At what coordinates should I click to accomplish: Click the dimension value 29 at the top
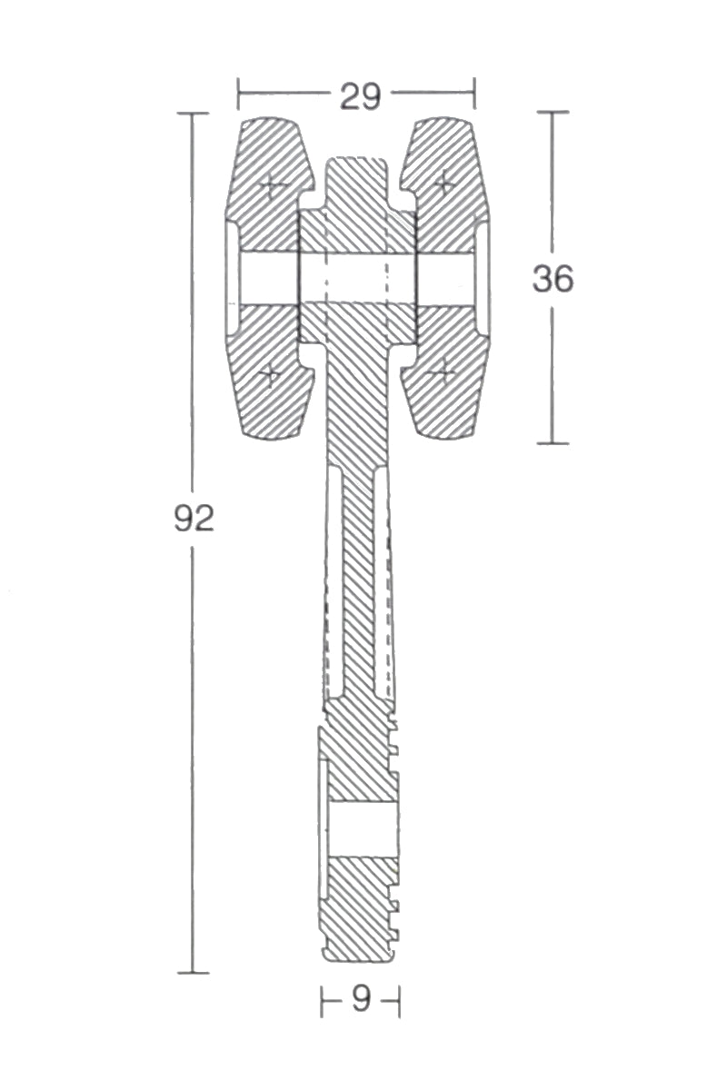pyautogui.click(x=360, y=96)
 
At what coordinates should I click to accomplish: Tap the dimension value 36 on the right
pyautogui.click(x=553, y=279)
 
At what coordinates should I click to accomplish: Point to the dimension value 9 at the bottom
pyautogui.click(x=361, y=1000)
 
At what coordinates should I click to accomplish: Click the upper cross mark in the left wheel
pyautogui.click(x=272, y=186)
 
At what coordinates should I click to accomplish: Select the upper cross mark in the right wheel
pyautogui.click(x=444, y=183)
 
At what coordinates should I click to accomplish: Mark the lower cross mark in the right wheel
pyautogui.click(x=443, y=371)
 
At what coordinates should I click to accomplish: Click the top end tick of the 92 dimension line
pyautogui.click(x=193, y=113)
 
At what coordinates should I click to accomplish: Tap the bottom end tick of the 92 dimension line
pyautogui.click(x=193, y=973)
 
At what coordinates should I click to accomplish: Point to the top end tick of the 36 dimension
pyautogui.click(x=553, y=112)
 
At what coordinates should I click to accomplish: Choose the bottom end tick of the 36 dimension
pyautogui.click(x=553, y=443)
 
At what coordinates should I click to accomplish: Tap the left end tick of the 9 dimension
pyautogui.click(x=322, y=1002)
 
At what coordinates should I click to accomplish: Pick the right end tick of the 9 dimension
pyautogui.click(x=399, y=1002)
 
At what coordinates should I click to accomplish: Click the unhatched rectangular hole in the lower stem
pyautogui.click(x=362, y=828)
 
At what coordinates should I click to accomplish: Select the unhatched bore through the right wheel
pyautogui.click(x=445, y=278)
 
